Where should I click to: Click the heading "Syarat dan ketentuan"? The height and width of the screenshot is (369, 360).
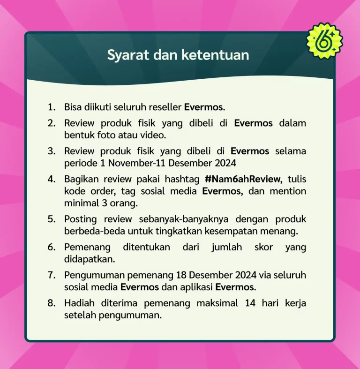[178, 55]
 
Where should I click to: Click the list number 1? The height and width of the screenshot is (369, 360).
[51, 107]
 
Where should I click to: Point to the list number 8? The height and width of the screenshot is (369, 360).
[51, 303]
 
